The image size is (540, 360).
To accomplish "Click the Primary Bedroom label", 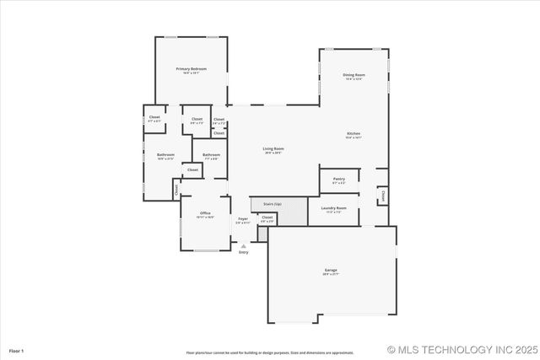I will (x=191, y=68).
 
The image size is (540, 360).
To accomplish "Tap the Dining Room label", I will (x=354, y=75).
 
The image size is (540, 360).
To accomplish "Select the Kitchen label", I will (x=354, y=133).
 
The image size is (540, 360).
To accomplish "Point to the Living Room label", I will (x=273, y=148).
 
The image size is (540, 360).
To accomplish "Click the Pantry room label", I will (x=338, y=178).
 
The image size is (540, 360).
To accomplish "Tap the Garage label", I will (x=331, y=270).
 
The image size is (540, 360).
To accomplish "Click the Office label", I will (x=205, y=212).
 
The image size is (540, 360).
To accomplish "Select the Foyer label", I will (x=243, y=218).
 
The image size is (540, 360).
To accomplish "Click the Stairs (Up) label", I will (x=272, y=204).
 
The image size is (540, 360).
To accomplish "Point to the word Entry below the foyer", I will (x=243, y=252).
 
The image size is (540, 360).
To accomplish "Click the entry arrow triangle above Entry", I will (x=243, y=245).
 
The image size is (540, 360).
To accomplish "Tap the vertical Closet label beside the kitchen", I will (x=382, y=196).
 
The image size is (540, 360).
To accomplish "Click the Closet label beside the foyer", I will (x=267, y=218).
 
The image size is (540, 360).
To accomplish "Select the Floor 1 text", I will (x=16, y=350).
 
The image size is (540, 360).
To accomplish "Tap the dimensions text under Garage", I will (x=331, y=274).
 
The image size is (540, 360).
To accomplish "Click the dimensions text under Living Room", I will (x=273, y=153).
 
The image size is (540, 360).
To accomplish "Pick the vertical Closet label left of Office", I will (x=176, y=190).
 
